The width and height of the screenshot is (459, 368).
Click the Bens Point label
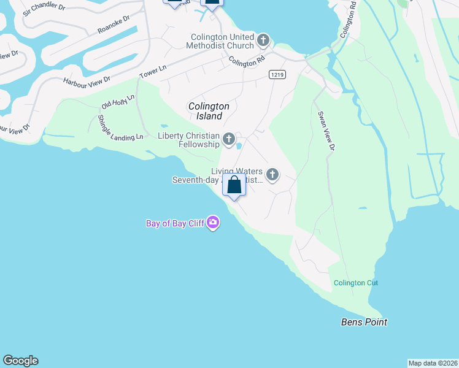[x=364, y=322]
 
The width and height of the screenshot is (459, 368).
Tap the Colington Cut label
[x=356, y=283]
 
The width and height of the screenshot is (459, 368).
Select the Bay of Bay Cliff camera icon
[x=213, y=223]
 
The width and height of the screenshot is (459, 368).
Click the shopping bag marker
[x=234, y=184]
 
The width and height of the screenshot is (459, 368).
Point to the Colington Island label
[x=209, y=111]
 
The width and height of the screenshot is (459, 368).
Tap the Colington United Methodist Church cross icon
[x=263, y=41]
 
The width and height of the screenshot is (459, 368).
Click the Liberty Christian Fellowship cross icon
[x=229, y=140]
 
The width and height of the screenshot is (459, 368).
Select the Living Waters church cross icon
[x=272, y=175]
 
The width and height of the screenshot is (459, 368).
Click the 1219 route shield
[x=276, y=74]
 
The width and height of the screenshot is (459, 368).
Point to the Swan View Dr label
[x=326, y=131]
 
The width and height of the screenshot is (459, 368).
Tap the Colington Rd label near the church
[x=246, y=62]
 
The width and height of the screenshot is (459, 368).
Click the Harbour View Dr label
[x=87, y=80]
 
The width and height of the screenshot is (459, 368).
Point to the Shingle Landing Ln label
[x=120, y=127]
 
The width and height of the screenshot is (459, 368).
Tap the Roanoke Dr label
[x=114, y=26]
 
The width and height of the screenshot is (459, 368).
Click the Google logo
[x=20, y=361]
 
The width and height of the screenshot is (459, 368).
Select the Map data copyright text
[x=433, y=363]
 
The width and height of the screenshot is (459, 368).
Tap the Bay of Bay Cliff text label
[x=175, y=223]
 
